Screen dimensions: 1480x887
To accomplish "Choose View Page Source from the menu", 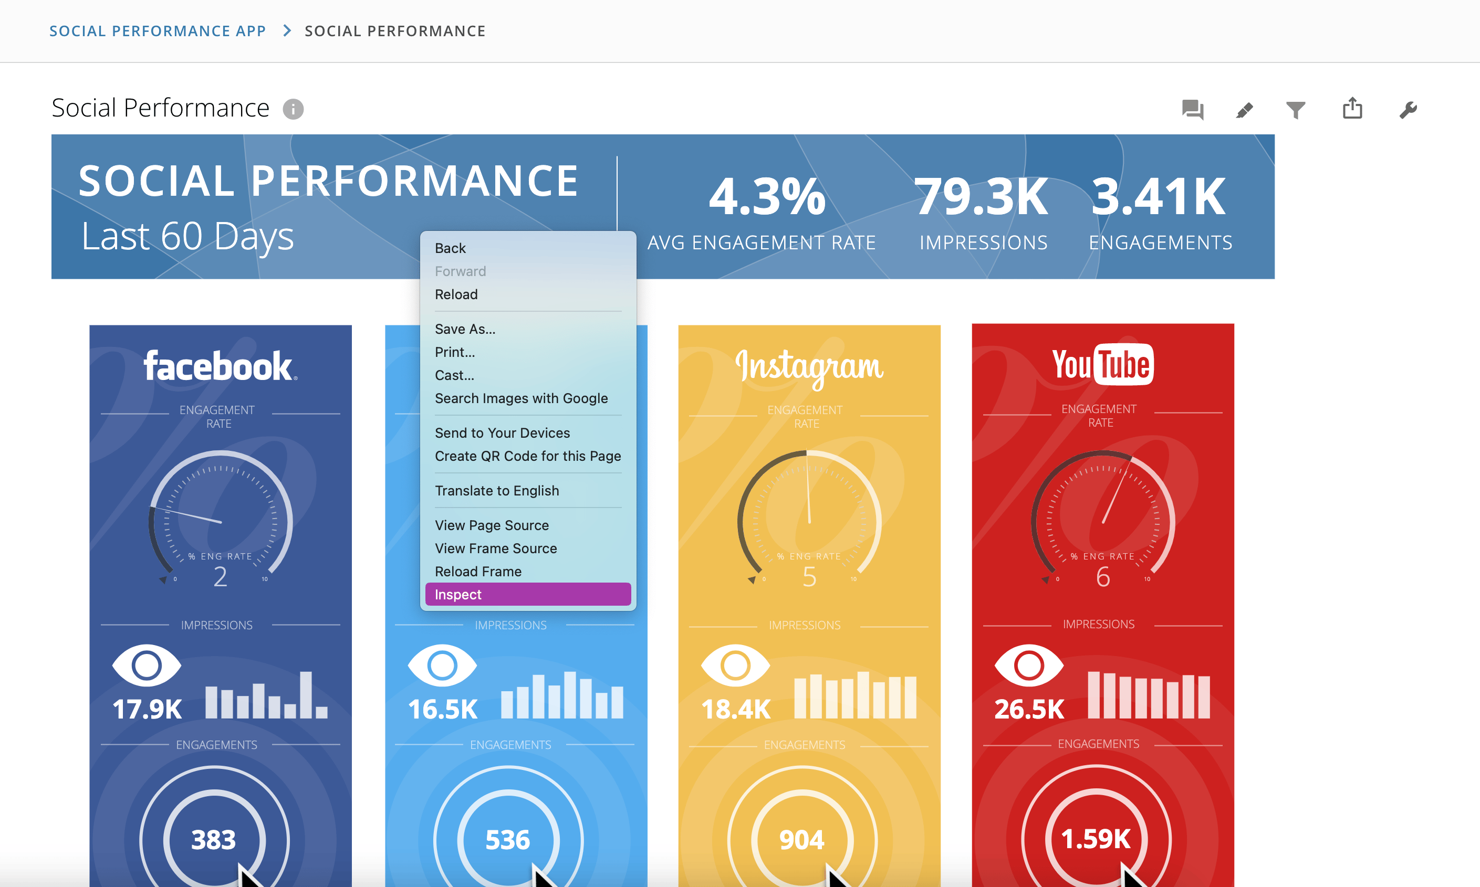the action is (492, 525).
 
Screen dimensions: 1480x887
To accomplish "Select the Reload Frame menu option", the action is (478, 572).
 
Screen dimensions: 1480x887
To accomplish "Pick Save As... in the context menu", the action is (465, 329).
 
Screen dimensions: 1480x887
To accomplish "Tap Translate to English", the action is (496, 490).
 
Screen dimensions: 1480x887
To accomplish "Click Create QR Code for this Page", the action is (527, 456).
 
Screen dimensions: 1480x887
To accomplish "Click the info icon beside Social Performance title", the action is (293, 109).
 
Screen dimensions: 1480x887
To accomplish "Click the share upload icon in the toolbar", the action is (1352, 109).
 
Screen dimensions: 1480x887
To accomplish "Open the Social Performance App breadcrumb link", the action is (157, 31).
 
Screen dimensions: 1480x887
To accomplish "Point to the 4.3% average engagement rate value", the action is (767, 196).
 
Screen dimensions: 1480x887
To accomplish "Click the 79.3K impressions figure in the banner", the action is (981, 196).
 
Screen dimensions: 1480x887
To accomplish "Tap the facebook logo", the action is (220, 366).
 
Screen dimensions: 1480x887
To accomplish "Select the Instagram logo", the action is (809, 367).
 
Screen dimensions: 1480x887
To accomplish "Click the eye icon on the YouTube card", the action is (1028, 666).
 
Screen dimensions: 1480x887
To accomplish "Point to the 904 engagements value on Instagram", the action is (802, 840).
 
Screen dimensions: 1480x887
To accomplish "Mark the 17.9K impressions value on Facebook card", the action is (147, 710).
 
